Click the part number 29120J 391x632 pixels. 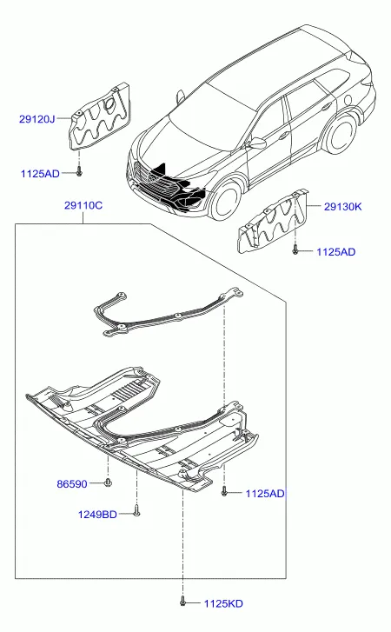(36, 119)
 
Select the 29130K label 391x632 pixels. (342, 207)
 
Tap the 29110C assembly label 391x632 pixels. (83, 205)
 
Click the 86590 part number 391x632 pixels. (71, 483)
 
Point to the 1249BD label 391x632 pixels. (97, 515)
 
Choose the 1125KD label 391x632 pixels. (223, 604)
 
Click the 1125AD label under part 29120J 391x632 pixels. (40, 174)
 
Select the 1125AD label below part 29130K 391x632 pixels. (336, 252)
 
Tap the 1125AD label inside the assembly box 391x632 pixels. (265, 494)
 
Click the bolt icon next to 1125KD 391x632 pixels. (182, 601)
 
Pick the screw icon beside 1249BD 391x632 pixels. (137, 511)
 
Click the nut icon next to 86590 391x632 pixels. (108, 482)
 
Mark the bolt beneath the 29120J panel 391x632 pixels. (79, 171)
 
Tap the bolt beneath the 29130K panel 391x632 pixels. (295, 249)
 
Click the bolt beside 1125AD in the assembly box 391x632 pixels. (224, 491)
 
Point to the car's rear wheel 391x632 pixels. (341, 132)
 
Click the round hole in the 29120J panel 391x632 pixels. (109, 103)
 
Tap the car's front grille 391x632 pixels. (157, 183)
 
